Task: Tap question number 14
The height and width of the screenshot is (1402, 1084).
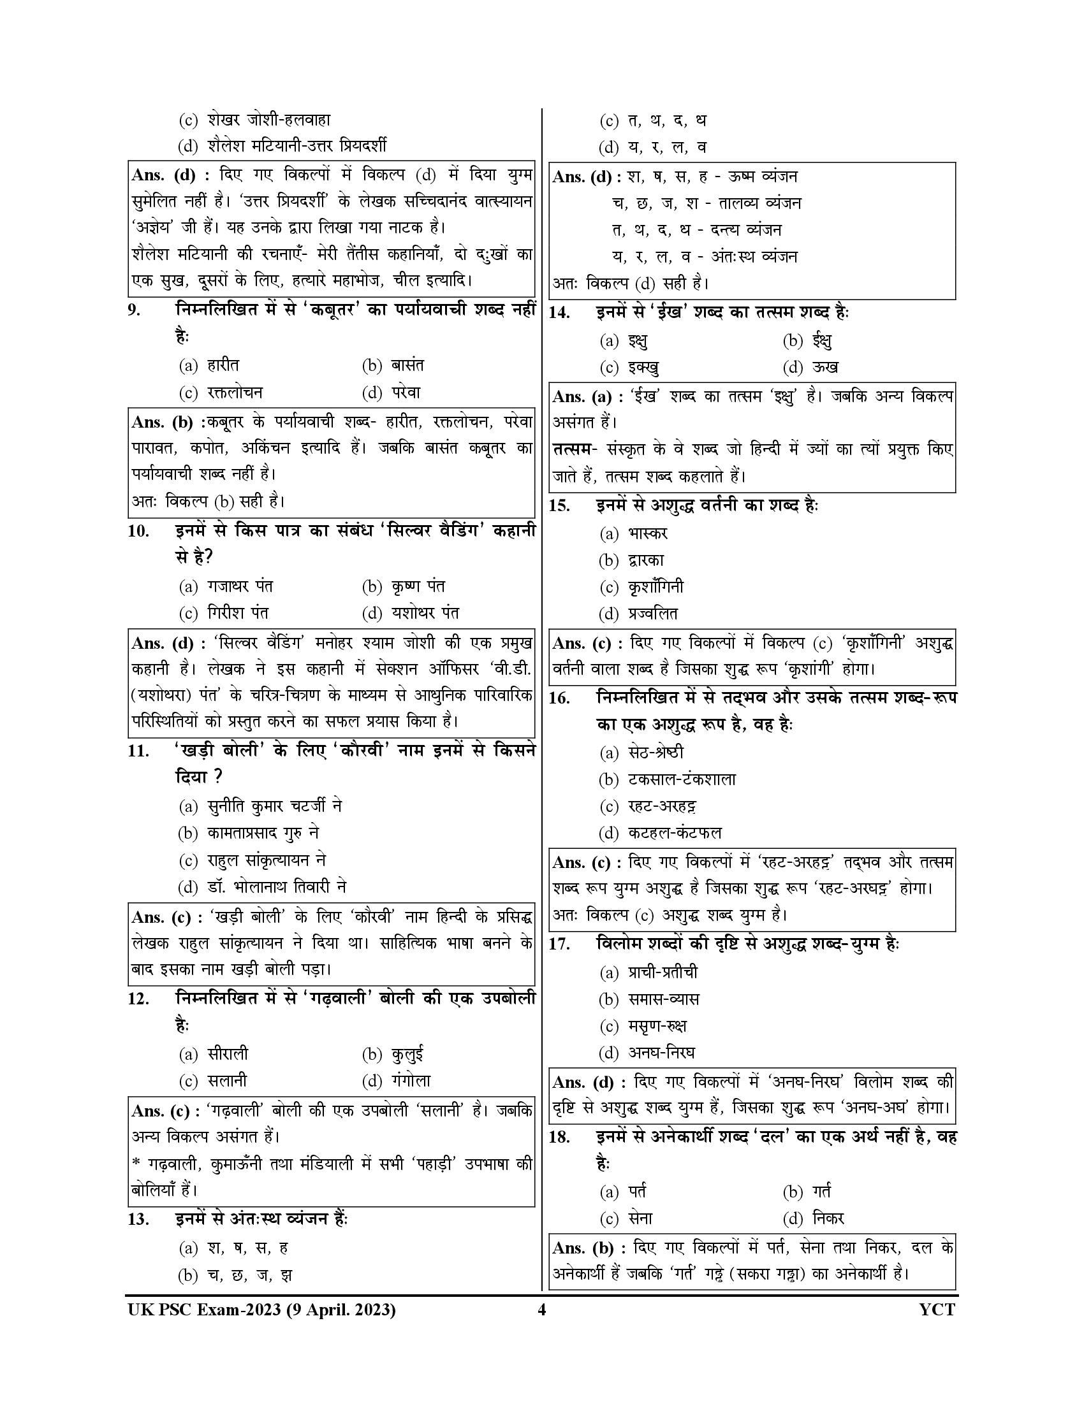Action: pos(559,314)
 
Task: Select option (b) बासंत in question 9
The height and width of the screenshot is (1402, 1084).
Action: pos(393,366)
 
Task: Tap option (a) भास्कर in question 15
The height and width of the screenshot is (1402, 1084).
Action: pos(634,533)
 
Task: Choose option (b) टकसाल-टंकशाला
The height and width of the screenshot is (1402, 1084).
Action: pos(667,780)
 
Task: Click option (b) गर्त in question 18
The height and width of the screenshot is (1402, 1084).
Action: pos(807,1192)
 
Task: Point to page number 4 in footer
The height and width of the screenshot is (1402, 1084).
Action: pos(541,1310)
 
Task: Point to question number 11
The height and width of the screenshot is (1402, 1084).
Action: pos(138,751)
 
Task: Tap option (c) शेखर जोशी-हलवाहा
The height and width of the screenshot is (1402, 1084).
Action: pos(254,120)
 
